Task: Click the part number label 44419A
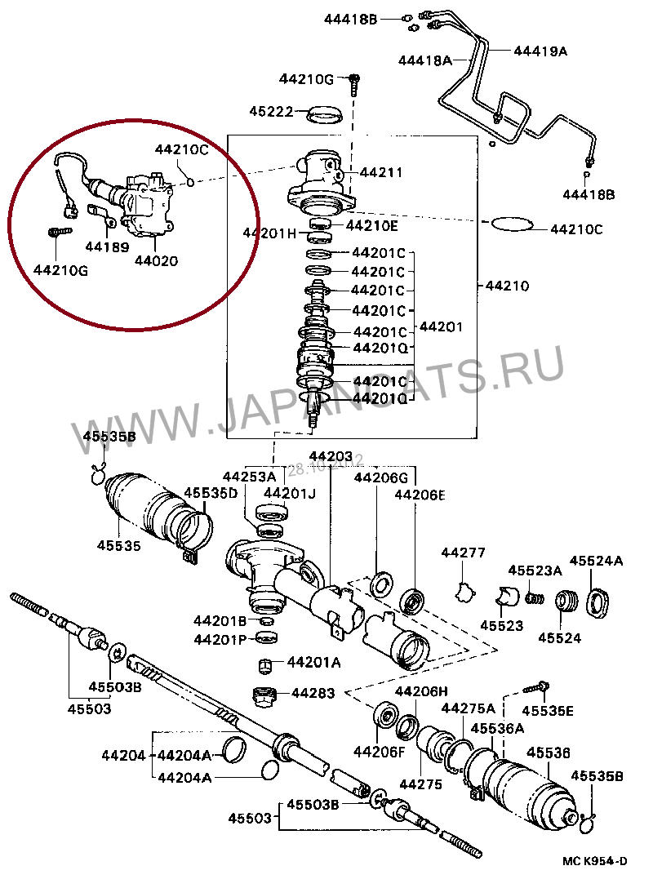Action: [540, 51]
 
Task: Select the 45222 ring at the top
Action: [329, 113]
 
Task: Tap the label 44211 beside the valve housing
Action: [381, 172]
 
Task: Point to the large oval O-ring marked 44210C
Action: [512, 223]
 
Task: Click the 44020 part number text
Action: [156, 261]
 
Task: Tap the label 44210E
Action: [372, 225]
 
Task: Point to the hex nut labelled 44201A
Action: [265, 664]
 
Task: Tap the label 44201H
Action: [269, 233]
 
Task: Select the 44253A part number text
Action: [250, 477]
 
